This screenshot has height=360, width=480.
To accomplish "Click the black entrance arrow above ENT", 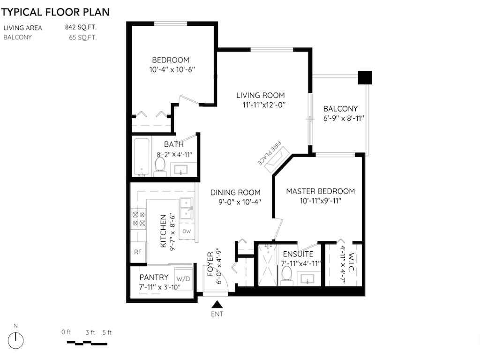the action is coord(217,304).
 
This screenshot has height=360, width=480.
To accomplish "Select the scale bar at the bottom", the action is coord(87,343).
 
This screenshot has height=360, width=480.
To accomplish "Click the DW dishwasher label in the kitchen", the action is coord(187,232).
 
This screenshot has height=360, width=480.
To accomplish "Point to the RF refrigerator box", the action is coord(138,252).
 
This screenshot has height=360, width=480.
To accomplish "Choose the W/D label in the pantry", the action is coord(183,279).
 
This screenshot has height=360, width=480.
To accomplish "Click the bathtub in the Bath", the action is coord(142,157).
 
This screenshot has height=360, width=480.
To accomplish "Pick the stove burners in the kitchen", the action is coord(139,219).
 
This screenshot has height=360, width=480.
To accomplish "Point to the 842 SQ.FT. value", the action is coord(81,27).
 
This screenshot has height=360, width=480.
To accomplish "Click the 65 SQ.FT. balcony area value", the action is coord(82,37).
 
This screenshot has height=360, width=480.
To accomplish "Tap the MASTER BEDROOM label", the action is coord(321,191).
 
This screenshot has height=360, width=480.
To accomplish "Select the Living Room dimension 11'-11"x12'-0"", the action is coord(264,105).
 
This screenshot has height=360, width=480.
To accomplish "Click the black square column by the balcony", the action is coord(365,78).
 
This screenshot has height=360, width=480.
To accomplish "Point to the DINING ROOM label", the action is coord(235,193).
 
